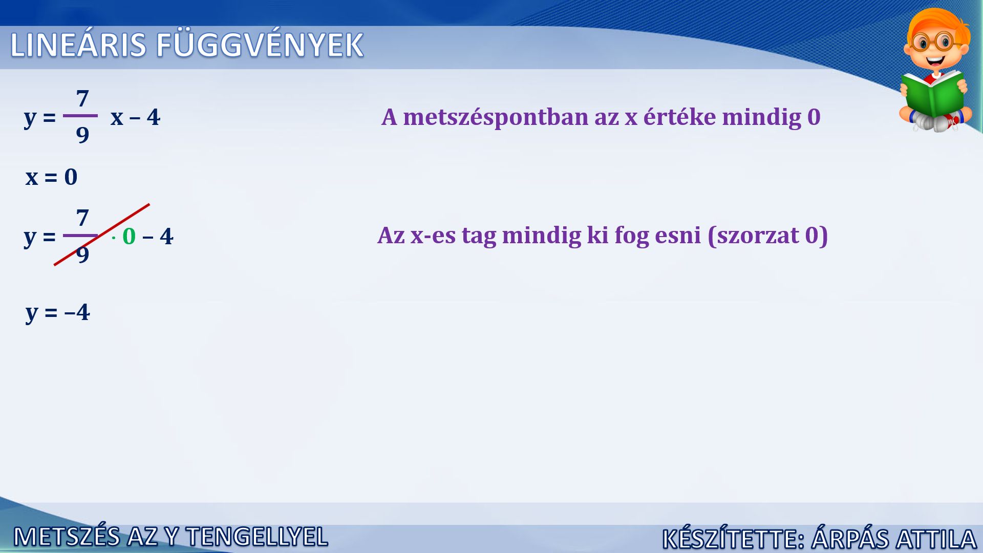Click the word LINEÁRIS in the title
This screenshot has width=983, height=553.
tap(78, 45)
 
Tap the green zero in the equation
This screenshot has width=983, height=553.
tap(129, 237)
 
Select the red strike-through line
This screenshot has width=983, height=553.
tap(102, 235)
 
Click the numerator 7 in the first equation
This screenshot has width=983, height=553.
tap(82, 98)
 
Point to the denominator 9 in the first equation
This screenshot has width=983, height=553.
tap(82, 135)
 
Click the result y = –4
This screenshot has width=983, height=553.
tap(58, 312)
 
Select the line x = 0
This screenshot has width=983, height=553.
tap(51, 177)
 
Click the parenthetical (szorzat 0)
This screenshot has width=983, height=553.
tap(767, 236)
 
